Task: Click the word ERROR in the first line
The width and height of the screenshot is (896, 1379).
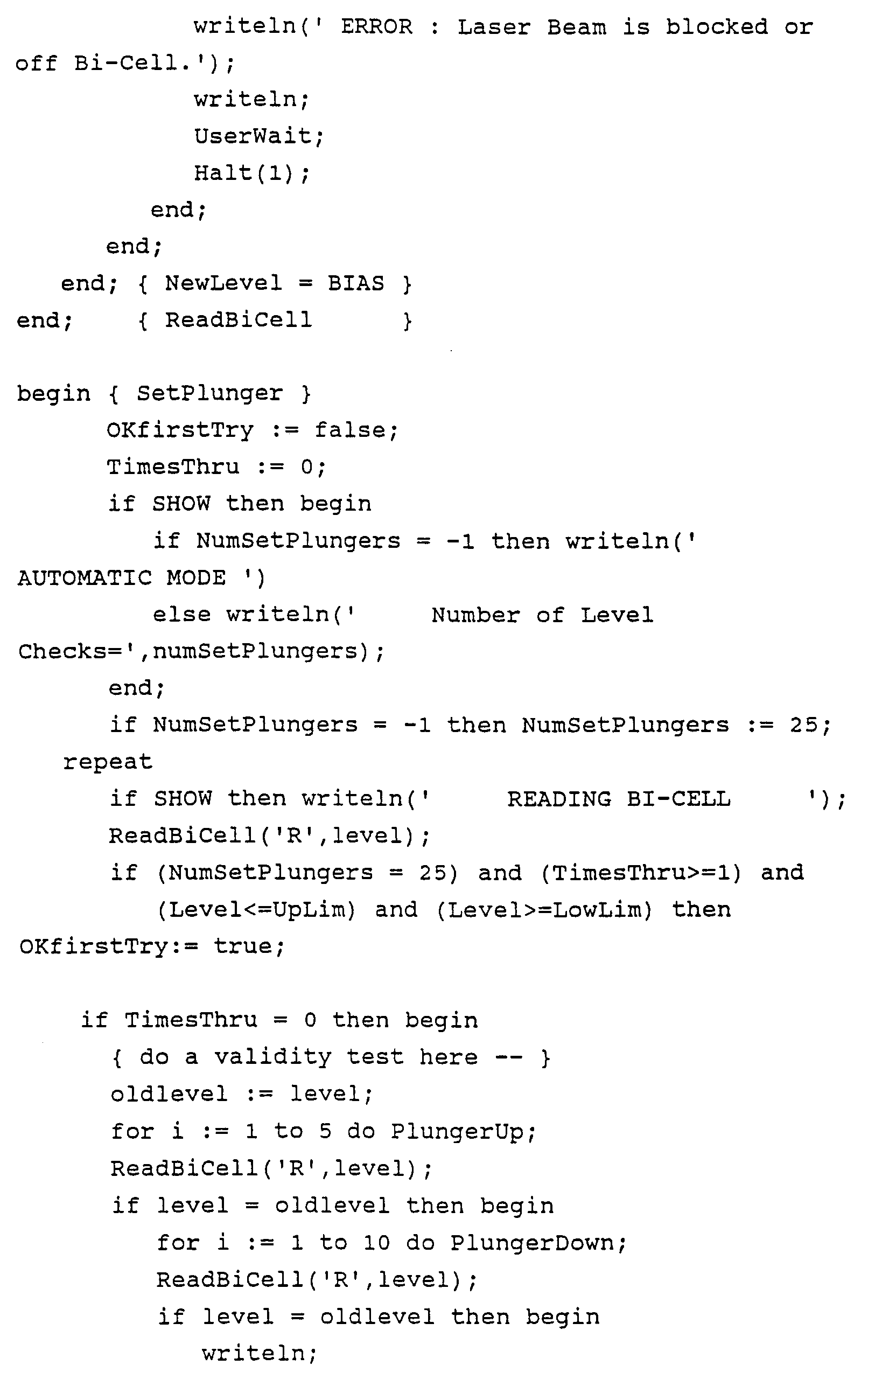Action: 376,27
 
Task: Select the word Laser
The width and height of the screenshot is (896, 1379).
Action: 493,27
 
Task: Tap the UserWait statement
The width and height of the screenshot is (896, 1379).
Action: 258,136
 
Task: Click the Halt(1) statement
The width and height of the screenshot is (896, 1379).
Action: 251,173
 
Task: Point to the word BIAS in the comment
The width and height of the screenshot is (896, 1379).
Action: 355,283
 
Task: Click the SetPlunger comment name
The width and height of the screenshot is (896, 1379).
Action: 209,393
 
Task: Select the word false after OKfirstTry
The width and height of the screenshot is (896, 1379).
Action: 355,430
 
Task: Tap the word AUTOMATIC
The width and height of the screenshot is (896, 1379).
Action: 85,578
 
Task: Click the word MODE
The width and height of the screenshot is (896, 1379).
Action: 197,578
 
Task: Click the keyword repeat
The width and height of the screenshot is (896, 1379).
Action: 108,762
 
